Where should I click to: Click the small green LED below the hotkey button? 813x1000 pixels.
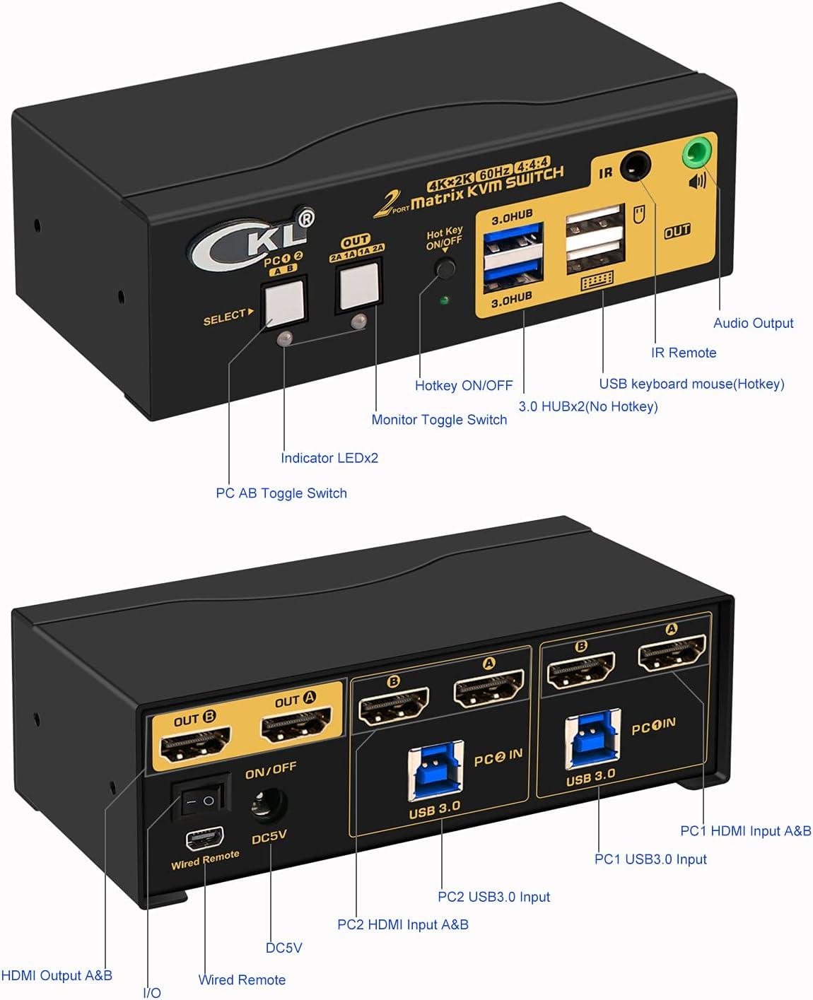[444, 300]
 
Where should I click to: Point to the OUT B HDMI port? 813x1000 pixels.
[195, 745]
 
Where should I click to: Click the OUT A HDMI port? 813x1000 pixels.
[296, 725]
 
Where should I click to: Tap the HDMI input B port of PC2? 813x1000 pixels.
[394, 706]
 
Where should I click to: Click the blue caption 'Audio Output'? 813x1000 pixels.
[753, 323]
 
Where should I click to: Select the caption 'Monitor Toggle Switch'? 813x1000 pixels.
[439, 420]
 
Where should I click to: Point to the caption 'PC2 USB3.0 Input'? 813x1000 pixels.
[493, 897]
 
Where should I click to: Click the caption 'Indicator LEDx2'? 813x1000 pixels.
[329, 458]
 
